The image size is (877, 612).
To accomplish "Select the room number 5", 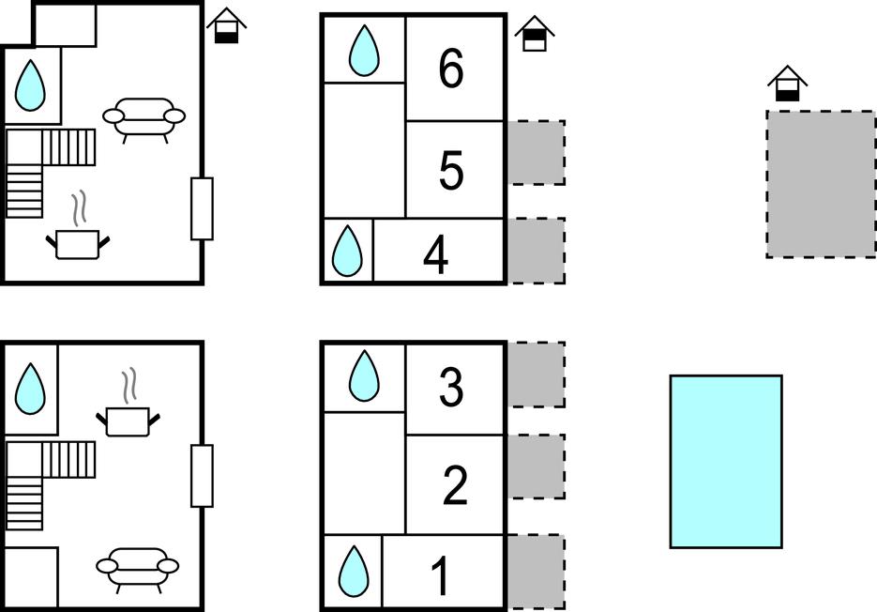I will pyautogui.click(x=451, y=171).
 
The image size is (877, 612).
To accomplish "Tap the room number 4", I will pyautogui.click(x=435, y=255).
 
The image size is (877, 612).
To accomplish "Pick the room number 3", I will pyautogui.click(x=451, y=388).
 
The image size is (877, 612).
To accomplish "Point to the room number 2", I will pyautogui.click(x=454, y=486).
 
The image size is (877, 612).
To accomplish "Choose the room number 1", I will pyautogui.click(x=440, y=576).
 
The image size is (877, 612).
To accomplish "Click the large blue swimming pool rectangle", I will pyautogui.click(x=725, y=461).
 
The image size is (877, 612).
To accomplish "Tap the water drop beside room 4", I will pyautogui.click(x=348, y=251).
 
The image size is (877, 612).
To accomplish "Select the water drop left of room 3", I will pyautogui.click(x=364, y=376).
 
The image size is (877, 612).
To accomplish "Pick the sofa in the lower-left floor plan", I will pyautogui.click(x=138, y=566).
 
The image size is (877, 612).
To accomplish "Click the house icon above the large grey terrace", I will pyautogui.click(x=787, y=84).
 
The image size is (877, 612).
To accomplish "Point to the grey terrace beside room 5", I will pyautogui.click(x=537, y=152).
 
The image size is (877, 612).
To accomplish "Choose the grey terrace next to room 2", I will pyautogui.click(x=537, y=467).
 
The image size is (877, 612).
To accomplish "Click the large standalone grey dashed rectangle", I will pyautogui.click(x=821, y=184).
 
